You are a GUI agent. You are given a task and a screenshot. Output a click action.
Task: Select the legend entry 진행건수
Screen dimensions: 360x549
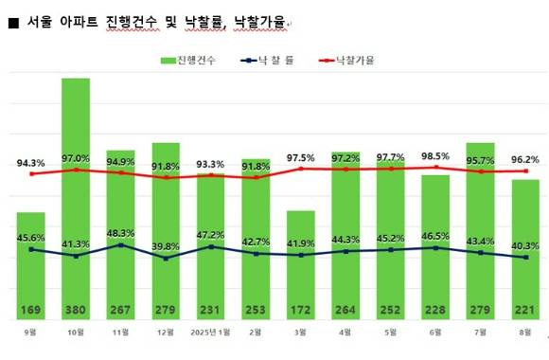pyautogui.click(x=189, y=60)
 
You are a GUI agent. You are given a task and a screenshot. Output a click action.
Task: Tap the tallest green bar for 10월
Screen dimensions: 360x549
pyautogui.click(x=76, y=189)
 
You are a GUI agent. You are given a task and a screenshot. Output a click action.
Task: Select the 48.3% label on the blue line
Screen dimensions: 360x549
pyautogui.click(x=120, y=232)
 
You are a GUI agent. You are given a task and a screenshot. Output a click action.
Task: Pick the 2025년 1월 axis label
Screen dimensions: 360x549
pyautogui.click(x=210, y=332)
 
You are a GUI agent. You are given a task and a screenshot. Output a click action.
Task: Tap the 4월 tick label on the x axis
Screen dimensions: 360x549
pyautogui.click(x=346, y=332)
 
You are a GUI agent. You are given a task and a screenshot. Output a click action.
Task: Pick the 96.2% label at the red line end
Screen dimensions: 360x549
pyautogui.click(x=526, y=159)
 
